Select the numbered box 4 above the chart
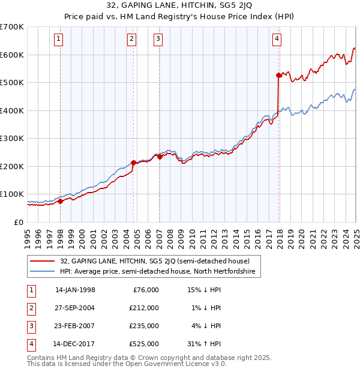pyautogui.click(x=277, y=40)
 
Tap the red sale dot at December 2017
pyautogui.click(x=278, y=75)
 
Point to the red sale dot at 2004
pyautogui.click(x=133, y=162)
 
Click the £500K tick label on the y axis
pyautogui.click(x=11, y=82)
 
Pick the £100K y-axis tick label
pyautogui.click(x=11, y=194)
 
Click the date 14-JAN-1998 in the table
pyautogui.click(x=75, y=290)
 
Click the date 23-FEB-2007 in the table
pyautogui.click(x=75, y=326)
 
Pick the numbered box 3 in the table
pyautogui.click(x=31, y=326)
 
